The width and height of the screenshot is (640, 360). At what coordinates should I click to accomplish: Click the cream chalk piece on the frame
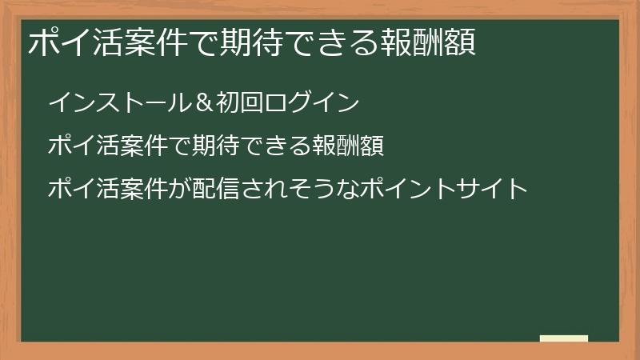tap(564, 338)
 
